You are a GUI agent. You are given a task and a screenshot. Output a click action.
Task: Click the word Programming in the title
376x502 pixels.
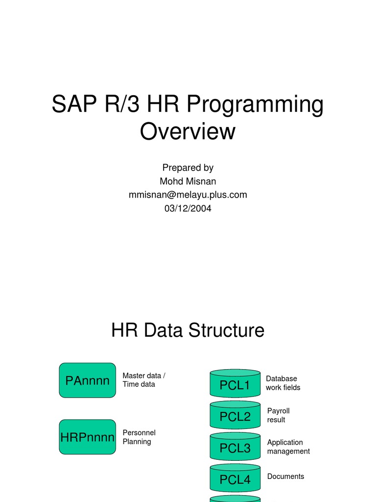point(255,106)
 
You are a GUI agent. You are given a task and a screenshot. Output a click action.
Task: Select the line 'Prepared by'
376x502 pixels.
point(188,168)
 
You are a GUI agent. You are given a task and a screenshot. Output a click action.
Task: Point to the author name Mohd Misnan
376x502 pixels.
point(188,181)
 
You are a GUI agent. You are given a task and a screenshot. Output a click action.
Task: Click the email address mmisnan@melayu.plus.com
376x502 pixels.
point(188,195)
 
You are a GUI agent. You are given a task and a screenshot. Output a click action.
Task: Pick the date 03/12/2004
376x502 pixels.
point(188,208)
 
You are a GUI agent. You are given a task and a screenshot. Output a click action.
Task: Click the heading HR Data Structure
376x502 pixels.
point(188,330)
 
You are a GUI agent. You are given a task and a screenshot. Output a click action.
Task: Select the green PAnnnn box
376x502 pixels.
point(87,380)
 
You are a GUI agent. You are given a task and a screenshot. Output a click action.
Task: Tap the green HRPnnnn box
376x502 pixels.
point(87,437)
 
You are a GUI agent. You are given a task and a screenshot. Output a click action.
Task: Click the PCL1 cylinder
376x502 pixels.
point(235,385)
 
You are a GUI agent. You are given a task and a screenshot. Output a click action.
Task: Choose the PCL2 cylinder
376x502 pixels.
point(235,417)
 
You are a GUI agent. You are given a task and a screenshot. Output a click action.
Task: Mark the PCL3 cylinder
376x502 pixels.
point(235,448)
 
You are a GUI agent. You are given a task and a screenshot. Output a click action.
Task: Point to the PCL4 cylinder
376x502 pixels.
point(235,479)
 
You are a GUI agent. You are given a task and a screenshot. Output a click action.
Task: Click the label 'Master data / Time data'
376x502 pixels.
point(143,380)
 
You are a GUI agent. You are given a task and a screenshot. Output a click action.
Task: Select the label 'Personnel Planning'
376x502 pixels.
point(139,437)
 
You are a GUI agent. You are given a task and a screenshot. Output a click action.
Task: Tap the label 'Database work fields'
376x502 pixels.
point(282,383)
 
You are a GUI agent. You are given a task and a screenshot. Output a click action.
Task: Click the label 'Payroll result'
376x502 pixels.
point(278,415)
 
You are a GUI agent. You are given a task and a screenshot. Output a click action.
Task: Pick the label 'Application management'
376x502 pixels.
point(288,447)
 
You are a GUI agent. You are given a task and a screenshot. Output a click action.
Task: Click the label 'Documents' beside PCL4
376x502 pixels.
point(285,477)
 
